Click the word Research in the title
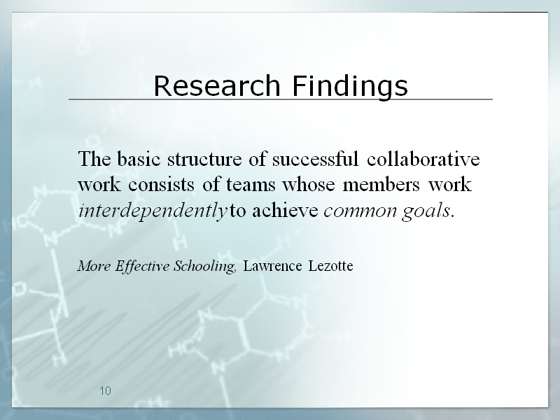[217, 85]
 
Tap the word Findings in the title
[350, 86]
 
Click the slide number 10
[106, 391]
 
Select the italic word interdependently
[153, 211]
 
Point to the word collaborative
[423, 159]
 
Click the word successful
[316, 159]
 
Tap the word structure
[204, 160]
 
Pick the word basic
[138, 159]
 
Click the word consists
[162, 185]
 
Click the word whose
[309, 184]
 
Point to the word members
[381, 184]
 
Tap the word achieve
[285, 211]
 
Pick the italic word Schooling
[205, 267]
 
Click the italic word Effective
[142, 267]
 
